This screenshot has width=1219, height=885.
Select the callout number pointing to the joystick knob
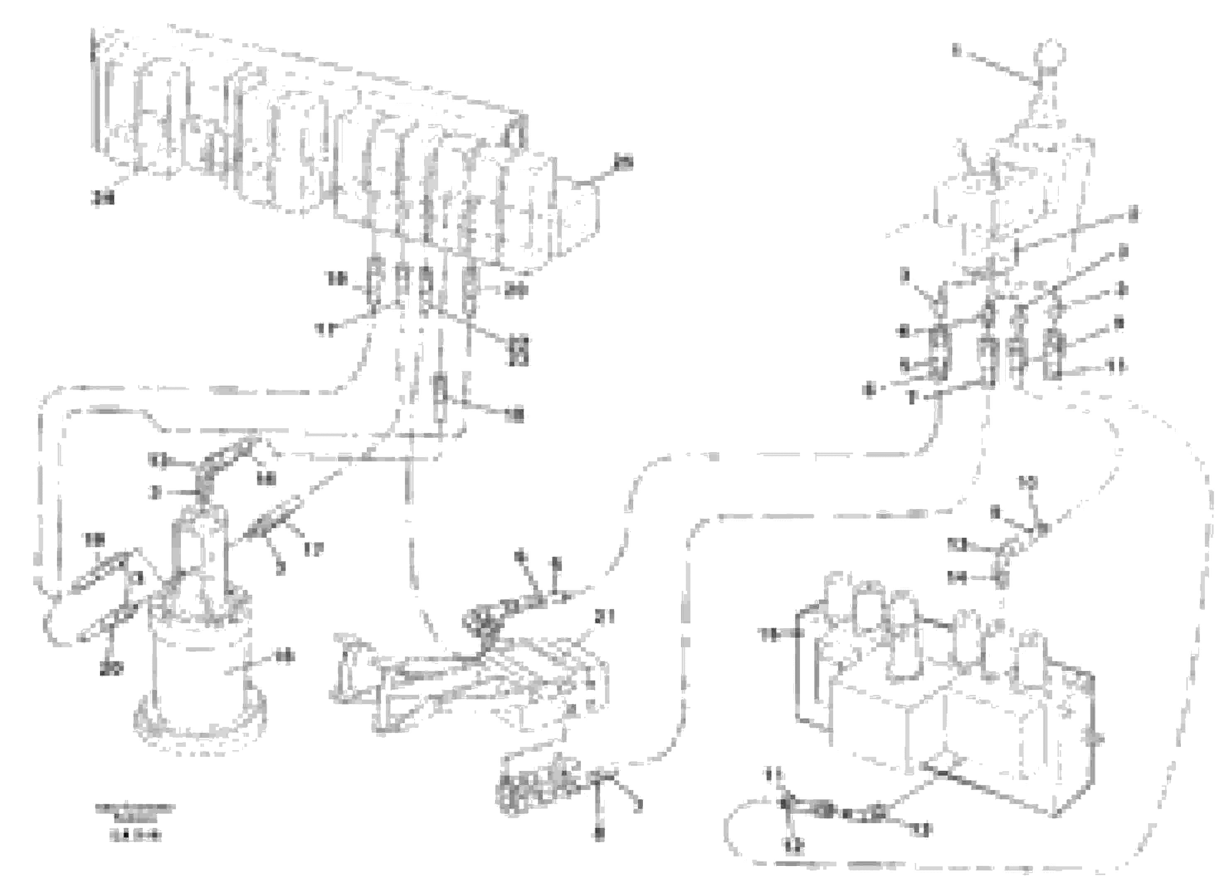tap(955, 51)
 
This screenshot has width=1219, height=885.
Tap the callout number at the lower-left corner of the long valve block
tap(102, 199)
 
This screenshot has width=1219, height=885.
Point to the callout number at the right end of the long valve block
tap(624, 162)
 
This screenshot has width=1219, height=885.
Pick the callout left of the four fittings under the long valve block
tap(338, 279)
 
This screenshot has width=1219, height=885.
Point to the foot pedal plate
tap(473, 683)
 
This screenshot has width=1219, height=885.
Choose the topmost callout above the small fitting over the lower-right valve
tap(1028, 483)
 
